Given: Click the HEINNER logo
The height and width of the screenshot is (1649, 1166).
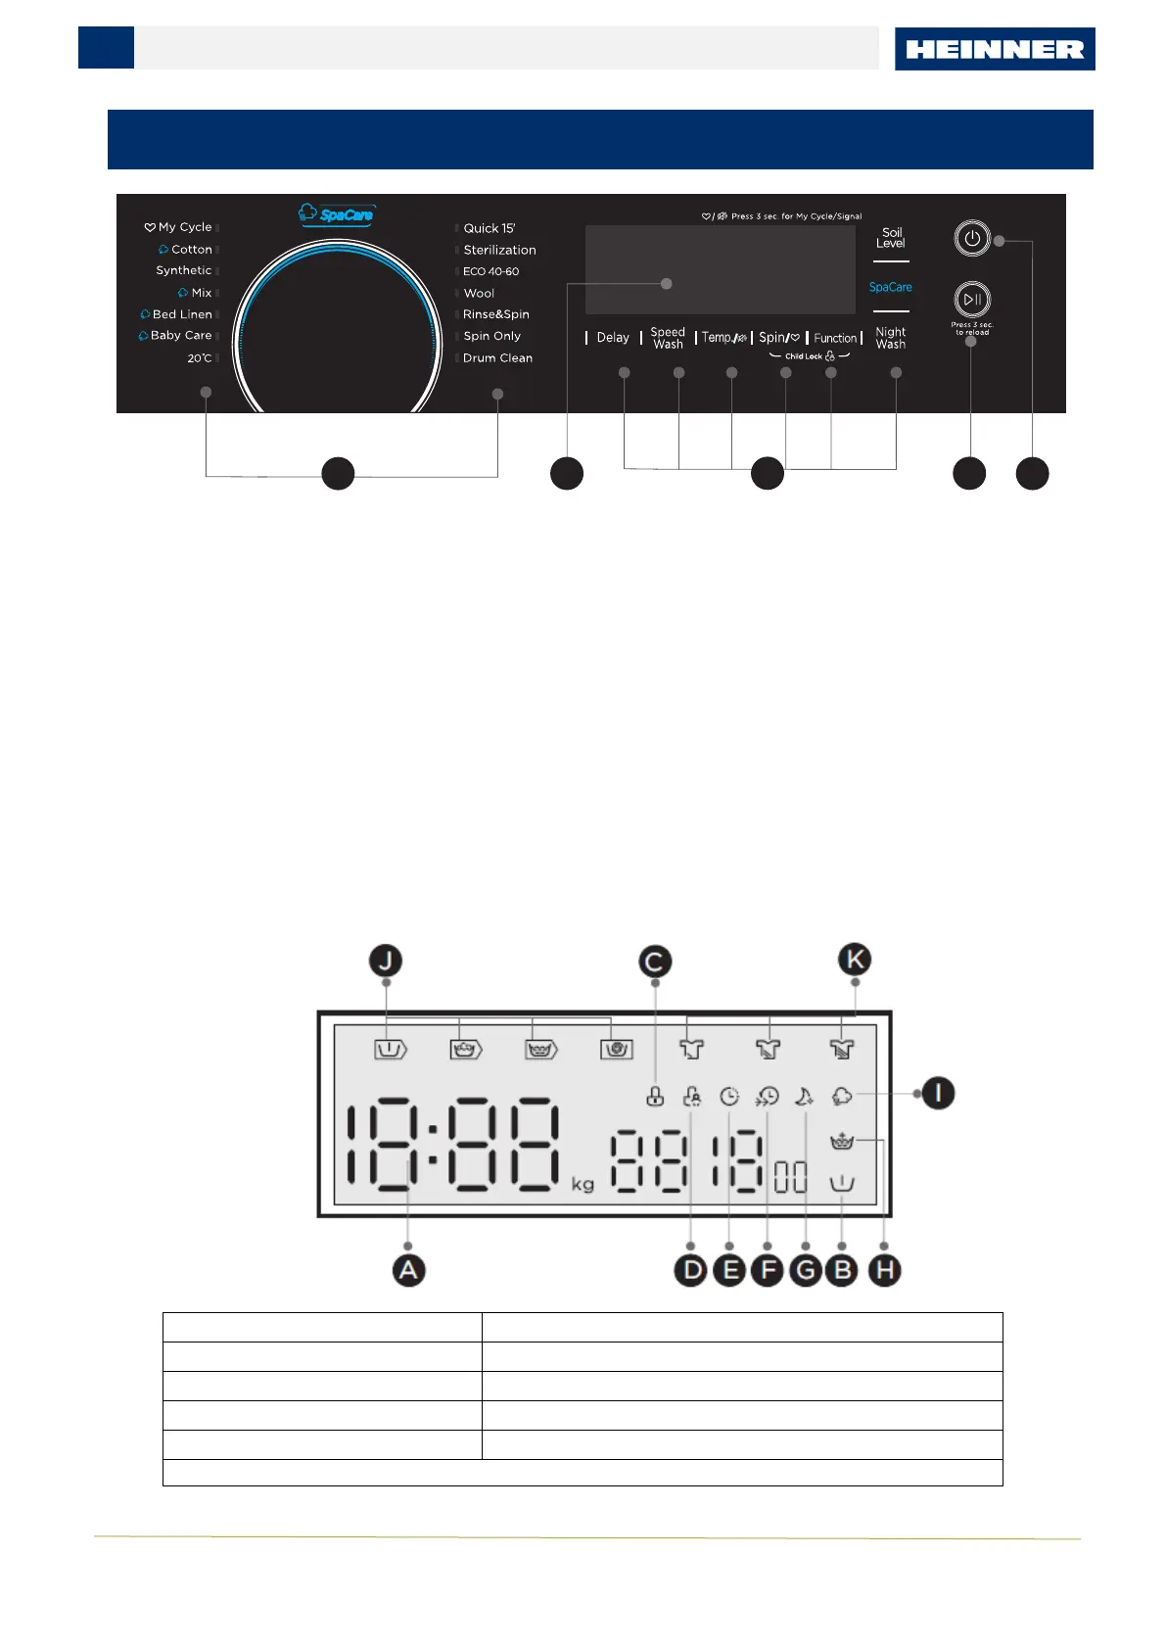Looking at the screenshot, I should coord(994,49).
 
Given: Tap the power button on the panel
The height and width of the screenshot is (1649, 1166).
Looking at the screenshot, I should coord(971,239).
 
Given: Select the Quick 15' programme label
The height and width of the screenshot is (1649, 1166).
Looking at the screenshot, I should coord(489,228).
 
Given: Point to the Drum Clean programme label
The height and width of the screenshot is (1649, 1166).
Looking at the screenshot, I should coord(497,358).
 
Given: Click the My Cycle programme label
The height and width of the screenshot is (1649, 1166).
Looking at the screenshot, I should coord(184,227).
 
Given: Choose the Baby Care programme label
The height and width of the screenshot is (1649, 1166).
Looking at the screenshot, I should coord(180,336).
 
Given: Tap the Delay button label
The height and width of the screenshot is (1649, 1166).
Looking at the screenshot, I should coord(613,338).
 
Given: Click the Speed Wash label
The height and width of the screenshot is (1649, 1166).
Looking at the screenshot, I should coord(668,338).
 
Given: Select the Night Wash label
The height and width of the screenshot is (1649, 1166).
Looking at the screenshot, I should coord(890,338).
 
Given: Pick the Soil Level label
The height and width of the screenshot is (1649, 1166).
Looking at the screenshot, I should coord(891,238).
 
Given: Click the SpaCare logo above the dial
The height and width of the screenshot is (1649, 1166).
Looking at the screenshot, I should coord(337,213).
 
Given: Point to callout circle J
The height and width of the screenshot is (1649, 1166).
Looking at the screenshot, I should coord(386,961).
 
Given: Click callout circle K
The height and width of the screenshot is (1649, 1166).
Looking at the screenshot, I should coord(855,960).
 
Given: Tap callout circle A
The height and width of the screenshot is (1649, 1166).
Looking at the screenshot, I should coord(408,1270).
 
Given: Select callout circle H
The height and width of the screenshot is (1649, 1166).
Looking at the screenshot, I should coord(884,1271).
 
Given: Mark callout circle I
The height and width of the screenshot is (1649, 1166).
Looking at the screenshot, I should coord(938,1093).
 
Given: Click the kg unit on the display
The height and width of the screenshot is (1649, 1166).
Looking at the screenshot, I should coord(583,1185).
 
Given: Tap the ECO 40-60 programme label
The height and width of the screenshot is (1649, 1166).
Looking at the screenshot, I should coord(490,271).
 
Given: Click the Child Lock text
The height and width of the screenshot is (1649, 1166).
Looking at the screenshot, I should coord(804,356).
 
